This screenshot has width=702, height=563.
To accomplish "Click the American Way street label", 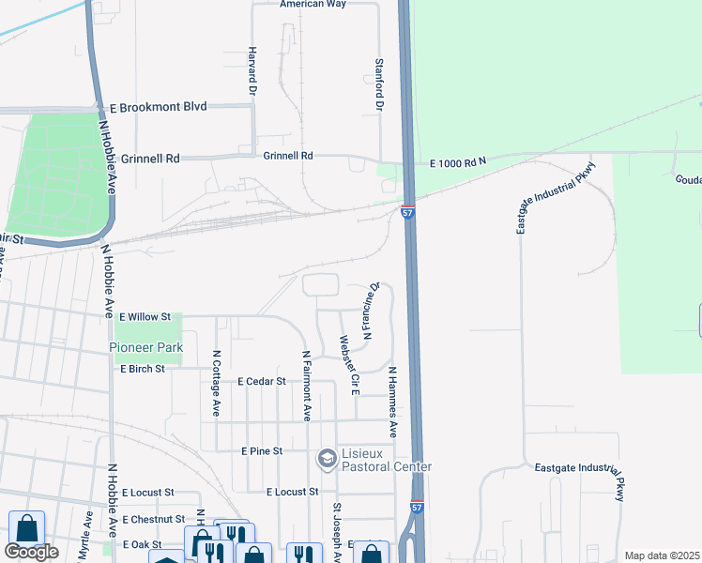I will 313,5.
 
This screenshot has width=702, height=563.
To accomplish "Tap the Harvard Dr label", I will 252,72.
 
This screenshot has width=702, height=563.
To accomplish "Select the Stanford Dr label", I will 380,85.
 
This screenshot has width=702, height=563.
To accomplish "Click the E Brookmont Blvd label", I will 158,108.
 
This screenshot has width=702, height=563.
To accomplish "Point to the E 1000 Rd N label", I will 458,163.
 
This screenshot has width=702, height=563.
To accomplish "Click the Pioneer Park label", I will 145,347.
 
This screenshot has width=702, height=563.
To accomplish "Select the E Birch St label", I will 143,369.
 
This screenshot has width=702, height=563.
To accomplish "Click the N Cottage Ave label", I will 216,384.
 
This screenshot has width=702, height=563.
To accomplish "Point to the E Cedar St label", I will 261,381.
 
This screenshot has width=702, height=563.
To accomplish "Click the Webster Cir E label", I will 349,365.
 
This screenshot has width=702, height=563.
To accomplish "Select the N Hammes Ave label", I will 392,403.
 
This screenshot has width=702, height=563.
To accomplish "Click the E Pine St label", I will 262,451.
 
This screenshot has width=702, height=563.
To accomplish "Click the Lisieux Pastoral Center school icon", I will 328,457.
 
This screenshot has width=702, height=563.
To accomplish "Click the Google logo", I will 31,552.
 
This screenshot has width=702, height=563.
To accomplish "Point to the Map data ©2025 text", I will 662,555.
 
